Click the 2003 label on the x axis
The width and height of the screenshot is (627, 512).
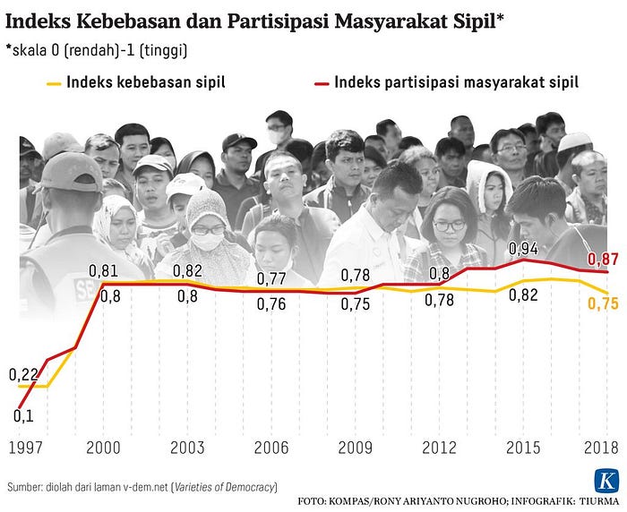coord(187,448)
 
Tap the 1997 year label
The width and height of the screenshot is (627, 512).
coord(25,448)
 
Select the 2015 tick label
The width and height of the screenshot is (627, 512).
coord(523,448)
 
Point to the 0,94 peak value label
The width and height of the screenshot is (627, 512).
coord(523,249)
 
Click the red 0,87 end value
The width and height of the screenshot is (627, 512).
coord(603,260)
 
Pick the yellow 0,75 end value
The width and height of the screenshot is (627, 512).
coord(603,303)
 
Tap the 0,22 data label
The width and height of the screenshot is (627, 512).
coord(23,374)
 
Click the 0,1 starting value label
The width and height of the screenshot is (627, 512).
coord(23,416)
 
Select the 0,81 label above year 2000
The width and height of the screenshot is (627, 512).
coord(104,271)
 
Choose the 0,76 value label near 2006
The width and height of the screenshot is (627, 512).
coord(271,304)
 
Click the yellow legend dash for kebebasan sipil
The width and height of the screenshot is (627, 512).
coord(54,84)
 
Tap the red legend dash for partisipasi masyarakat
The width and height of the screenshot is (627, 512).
coord(322,84)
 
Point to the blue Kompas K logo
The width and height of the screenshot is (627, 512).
coord(606,481)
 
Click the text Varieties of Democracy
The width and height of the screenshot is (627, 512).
coord(225,487)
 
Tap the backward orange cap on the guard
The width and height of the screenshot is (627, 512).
coord(71,171)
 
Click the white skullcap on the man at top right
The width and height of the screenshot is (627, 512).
coord(574,142)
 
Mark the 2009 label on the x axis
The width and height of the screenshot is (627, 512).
coord(355,448)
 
